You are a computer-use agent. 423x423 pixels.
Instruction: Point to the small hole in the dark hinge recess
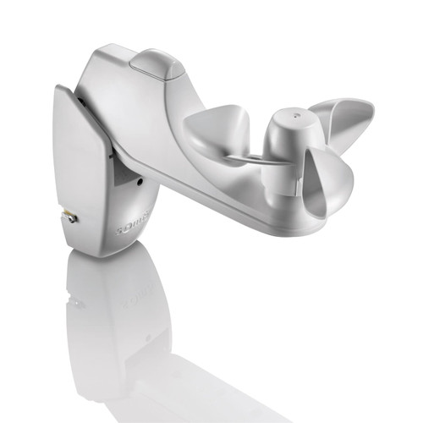(137, 180)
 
